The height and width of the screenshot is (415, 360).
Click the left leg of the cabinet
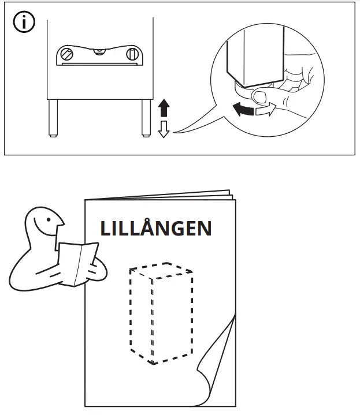[x=53, y=118]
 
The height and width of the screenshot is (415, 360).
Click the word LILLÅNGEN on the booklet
[x=156, y=229]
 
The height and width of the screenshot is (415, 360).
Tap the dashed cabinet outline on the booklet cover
[x=160, y=315]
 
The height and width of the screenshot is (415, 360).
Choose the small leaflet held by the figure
[x=77, y=263]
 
